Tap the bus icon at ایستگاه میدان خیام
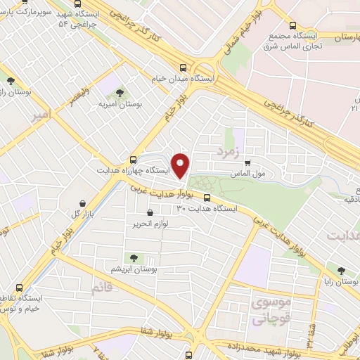tap(184, 68)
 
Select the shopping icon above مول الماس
tap(247, 163)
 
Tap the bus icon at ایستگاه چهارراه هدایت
tap(134, 160)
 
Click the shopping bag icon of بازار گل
tap(83, 202)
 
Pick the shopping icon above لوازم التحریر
tap(149, 212)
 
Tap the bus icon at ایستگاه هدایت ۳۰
tap(208, 198)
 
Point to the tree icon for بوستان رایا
tap(341, 271)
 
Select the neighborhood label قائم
tap(101, 288)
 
